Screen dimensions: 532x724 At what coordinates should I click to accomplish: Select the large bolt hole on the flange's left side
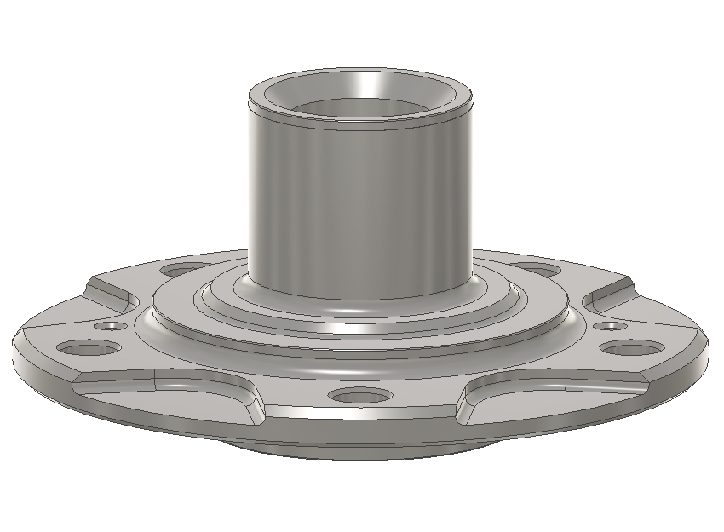tap(89, 348)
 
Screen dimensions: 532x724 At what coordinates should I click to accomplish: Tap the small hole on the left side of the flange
tap(110, 326)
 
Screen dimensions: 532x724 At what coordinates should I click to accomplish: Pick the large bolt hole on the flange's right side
tap(633, 347)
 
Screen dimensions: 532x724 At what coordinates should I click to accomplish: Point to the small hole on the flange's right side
tap(609, 326)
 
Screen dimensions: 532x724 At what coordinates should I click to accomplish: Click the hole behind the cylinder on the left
tap(183, 271)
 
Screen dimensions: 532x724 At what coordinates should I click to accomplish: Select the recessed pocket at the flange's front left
tap(170, 392)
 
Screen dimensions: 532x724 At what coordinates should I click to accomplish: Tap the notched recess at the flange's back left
tap(115, 289)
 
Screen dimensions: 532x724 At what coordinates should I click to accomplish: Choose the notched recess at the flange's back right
tap(609, 289)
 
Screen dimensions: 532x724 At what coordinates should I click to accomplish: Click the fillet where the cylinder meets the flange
tap(359, 303)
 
